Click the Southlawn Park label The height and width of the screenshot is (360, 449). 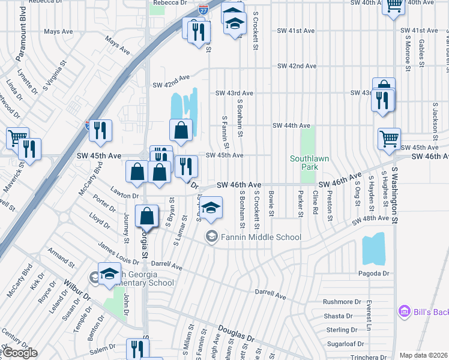[303, 163]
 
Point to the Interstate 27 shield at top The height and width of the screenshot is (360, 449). [203, 10]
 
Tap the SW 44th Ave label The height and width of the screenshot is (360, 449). [291, 125]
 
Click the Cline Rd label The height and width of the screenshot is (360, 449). [315, 205]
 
